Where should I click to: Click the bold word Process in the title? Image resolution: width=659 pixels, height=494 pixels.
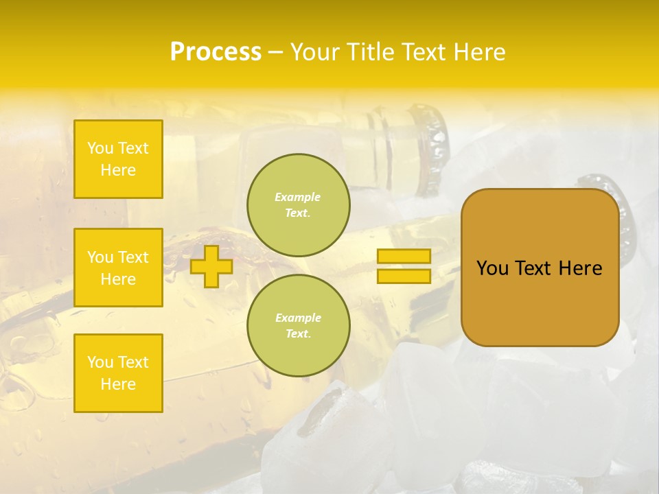216,52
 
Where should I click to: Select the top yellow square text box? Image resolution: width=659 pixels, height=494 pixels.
118,159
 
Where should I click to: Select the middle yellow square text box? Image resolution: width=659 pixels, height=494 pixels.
118,268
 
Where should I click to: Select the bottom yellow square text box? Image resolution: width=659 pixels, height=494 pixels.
118,373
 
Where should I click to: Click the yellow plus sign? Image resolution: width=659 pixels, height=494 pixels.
211,266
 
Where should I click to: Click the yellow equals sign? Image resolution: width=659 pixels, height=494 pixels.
404,266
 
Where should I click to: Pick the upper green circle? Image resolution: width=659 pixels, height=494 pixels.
299,204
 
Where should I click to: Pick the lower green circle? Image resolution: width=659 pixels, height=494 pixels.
299,325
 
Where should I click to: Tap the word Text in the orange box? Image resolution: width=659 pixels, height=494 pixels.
535,268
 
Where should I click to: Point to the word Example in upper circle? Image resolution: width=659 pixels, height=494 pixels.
298,197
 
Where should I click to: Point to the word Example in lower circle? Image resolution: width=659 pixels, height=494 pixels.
298,318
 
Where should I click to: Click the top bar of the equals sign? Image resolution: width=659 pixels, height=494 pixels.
404,257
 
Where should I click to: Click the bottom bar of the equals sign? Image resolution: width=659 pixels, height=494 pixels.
404,277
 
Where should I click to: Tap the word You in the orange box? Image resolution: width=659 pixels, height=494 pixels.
492,268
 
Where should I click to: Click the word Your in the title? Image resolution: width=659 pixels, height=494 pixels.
314,52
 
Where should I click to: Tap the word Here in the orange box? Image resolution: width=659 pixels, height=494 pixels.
580,268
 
